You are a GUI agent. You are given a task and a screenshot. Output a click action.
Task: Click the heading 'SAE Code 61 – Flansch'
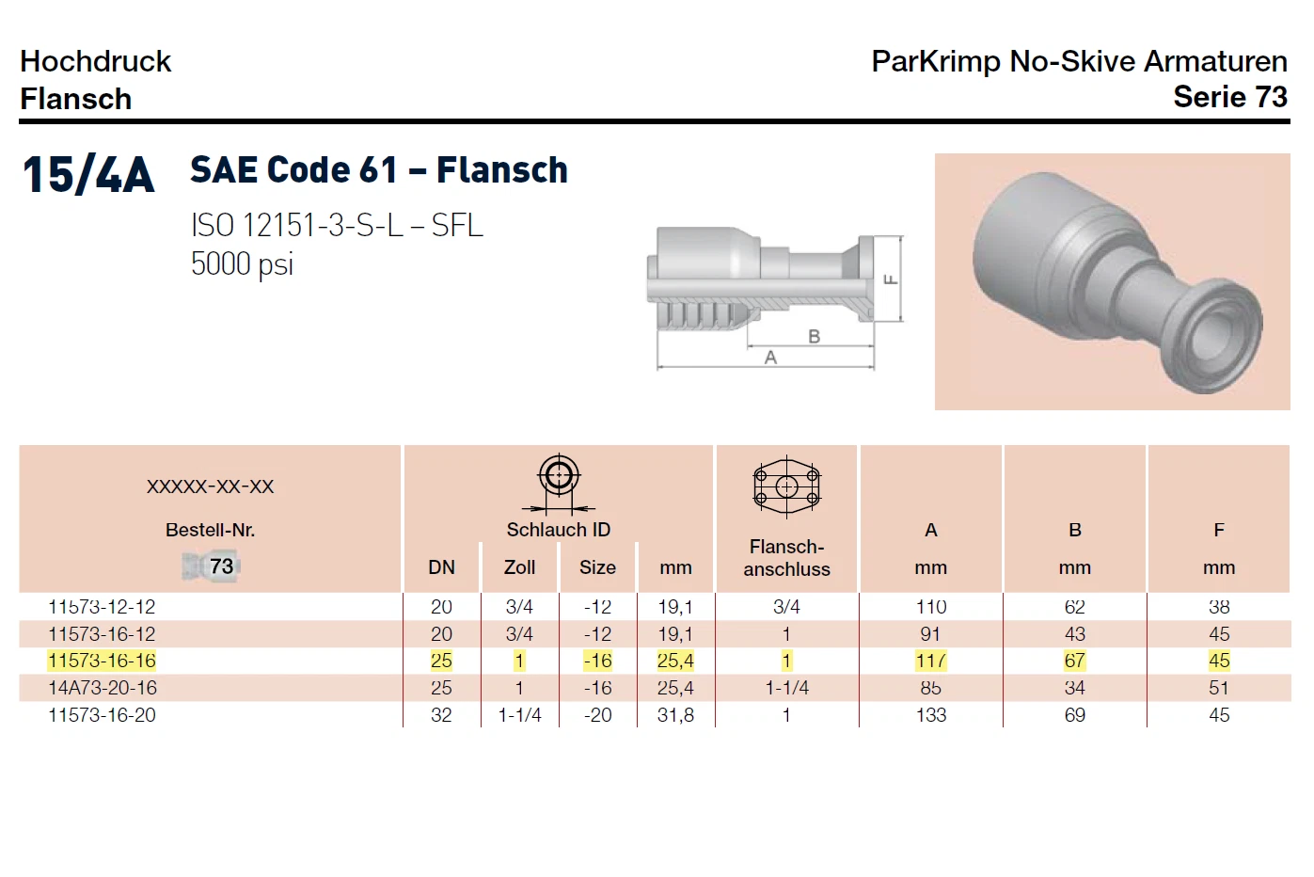coord(379,170)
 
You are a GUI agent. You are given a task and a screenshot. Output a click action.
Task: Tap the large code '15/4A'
coord(88,174)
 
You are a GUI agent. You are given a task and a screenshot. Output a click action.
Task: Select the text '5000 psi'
coord(242,264)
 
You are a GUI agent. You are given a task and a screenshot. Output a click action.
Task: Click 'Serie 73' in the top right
coord(1230,97)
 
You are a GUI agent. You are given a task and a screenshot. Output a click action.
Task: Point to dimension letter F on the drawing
coord(891,279)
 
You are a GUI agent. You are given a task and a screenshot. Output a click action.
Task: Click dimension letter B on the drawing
coord(815,336)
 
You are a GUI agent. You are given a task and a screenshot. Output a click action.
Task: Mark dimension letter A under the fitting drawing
coord(770,357)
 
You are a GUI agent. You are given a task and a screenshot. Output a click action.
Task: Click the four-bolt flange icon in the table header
coord(786,486)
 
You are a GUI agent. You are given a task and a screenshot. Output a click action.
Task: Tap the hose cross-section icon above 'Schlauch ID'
coord(559,483)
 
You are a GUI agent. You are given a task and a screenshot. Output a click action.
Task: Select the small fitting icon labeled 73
coord(211,566)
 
